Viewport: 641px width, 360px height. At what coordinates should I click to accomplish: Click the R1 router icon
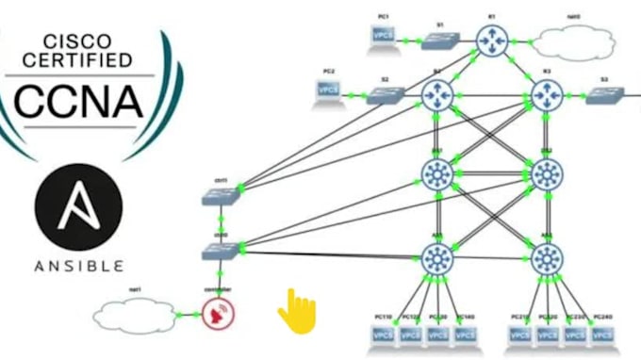coord(491,40)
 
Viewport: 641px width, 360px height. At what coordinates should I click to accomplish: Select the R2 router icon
coord(437,94)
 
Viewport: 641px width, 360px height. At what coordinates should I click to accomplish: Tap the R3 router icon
coord(547,94)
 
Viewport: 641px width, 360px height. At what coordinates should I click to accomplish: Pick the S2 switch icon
coord(385,94)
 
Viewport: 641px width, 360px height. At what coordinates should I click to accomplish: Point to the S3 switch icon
coord(604,94)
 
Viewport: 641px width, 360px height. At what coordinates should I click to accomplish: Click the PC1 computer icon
coord(382,36)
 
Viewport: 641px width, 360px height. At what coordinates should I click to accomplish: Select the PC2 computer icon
coord(328,90)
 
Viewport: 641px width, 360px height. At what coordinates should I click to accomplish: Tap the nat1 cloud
coord(134,313)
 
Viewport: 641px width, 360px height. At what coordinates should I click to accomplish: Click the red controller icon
coord(219,314)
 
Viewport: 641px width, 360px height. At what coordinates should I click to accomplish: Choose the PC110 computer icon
coord(384,333)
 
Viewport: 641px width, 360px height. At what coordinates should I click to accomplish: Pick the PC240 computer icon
coord(600,333)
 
